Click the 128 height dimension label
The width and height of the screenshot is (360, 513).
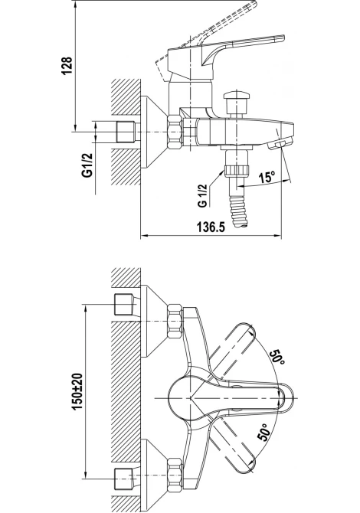coord(67,66)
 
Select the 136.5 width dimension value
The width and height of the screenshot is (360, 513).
coord(211,227)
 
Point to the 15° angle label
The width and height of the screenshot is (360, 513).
coord(267,178)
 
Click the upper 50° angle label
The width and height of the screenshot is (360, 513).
coord(277,358)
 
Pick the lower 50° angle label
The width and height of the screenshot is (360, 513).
coord(264,432)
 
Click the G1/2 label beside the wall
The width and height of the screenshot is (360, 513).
coord(87,165)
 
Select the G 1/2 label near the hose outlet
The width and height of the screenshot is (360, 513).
coord(202,195)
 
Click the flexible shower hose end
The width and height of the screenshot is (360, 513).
coord(240,211)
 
